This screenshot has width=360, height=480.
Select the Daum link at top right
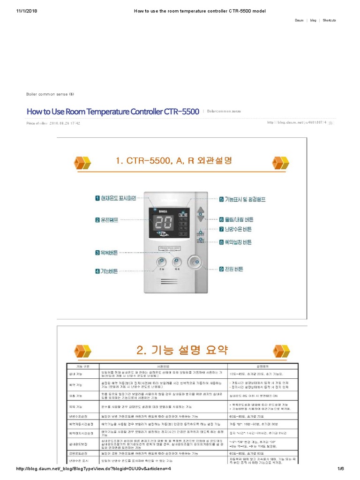(x=299, y=21)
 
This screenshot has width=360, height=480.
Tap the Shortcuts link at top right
(x=329, y=21)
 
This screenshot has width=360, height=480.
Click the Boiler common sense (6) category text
(x=50, y=94)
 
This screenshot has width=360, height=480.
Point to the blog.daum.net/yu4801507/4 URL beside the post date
(x=296, y=123)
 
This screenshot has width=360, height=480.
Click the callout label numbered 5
(x=242, y=199)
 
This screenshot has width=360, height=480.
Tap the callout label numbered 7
(x=235, y=229)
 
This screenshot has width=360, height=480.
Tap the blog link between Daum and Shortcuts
(x=313, y=21)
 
